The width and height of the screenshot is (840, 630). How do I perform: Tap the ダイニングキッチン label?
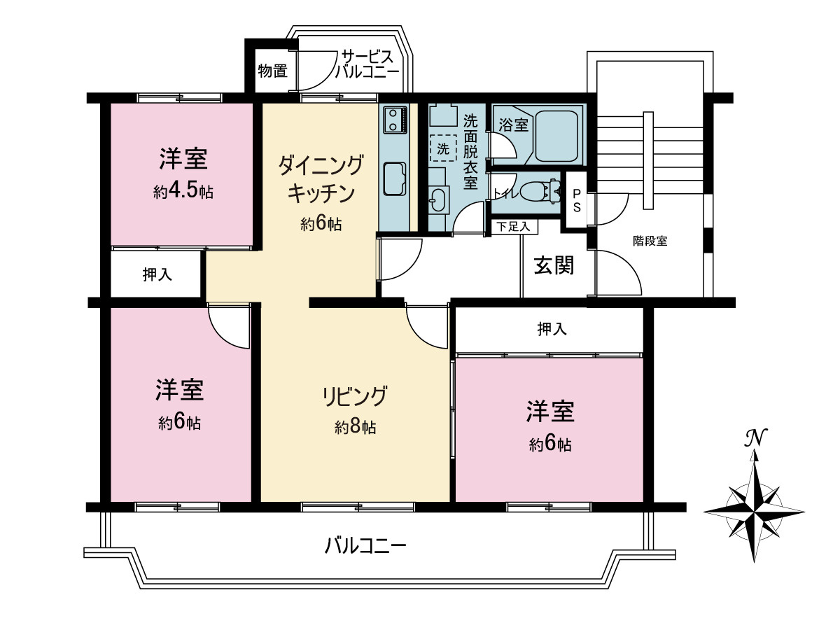(321, 179)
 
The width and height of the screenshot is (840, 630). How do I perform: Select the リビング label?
(354, 396)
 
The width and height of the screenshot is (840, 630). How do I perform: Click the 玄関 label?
(554, 265)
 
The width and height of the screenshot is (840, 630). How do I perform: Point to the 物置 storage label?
(272, 71)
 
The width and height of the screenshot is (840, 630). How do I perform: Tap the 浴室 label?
(513, 125)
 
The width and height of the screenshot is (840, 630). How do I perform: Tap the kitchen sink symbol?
(395, 178)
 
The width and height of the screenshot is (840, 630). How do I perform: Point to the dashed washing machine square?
(442, 148)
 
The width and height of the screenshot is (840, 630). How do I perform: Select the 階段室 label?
(650, 241)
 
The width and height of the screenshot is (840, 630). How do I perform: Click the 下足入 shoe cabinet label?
(514, 226)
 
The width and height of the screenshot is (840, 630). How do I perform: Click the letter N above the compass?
(755, 438)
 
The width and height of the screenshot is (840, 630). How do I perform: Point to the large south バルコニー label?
(365, 544)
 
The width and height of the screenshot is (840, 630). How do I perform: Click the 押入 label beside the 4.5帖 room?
(157, 275)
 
